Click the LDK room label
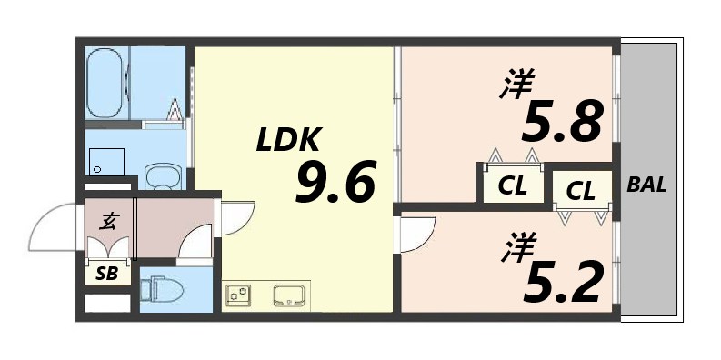click(x=286, y=140)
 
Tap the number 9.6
click(x=335, y=185)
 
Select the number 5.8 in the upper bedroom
click(x=561, y=122)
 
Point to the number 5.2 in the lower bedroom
click(x=561, y=283)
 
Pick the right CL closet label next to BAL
click(x=580, y=191)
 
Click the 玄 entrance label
click(x=107, y=220)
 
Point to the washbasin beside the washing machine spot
click(x=164, y=175)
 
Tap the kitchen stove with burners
click(x=239, y=295)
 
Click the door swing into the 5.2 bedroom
click(x=418, y=235)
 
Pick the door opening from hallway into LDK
click(x=232, y=216)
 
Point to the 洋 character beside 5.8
click(x=514, y=89)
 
